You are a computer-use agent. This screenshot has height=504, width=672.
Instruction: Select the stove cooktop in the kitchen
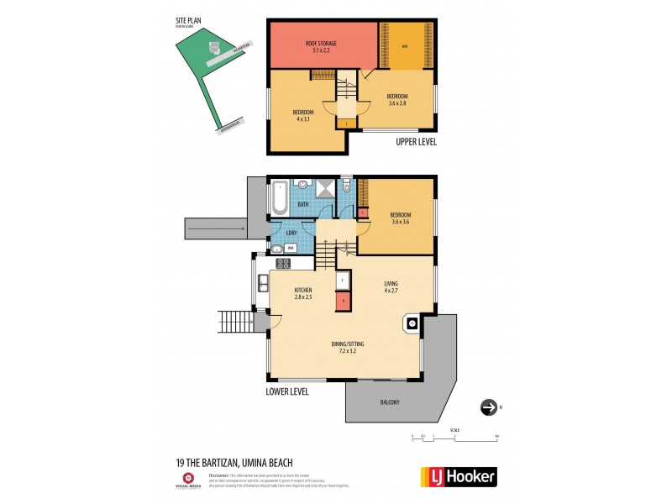(283, 262)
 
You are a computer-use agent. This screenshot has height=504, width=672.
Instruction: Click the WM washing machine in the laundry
(290, 248)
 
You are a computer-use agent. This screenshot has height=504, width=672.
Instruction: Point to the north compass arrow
(488, 407)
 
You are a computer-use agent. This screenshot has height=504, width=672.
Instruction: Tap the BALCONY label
(388, 402)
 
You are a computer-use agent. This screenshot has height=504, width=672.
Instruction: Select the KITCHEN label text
(303, 290)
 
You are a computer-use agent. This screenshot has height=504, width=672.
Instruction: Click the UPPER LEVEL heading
(416, 142)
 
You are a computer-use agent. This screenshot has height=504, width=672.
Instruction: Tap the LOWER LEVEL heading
(287, 391)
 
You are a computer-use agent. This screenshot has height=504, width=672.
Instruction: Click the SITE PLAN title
(186, 21)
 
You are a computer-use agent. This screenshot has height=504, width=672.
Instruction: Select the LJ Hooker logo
(458, 476)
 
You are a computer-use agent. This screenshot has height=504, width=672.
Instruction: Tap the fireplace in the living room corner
(411, 323)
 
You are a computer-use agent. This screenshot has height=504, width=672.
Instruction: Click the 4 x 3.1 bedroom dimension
(303, 118)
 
